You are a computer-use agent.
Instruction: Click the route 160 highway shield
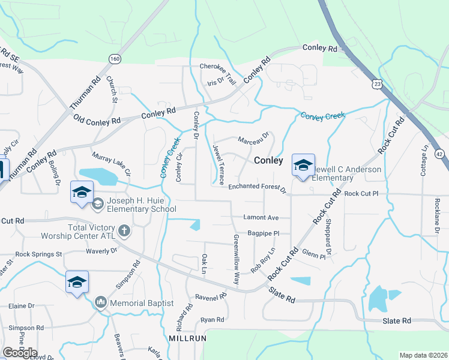tap(115, 58)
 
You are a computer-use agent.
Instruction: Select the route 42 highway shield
tap(440, 154)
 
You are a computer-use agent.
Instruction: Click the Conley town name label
tap(268, 160)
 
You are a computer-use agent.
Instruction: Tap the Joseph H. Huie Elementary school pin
tap(82, 192)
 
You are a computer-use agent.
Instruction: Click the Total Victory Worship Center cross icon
tap(124, 230)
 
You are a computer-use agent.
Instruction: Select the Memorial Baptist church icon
tap(100, 302)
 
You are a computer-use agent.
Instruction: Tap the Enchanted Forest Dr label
tap(258, 188)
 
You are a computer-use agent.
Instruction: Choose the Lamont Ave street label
tap(261, 217)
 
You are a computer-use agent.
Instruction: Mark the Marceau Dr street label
tap(253, 138)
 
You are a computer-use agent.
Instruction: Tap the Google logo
tap(19, 352)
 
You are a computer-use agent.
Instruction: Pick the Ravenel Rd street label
tap(211, 296)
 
